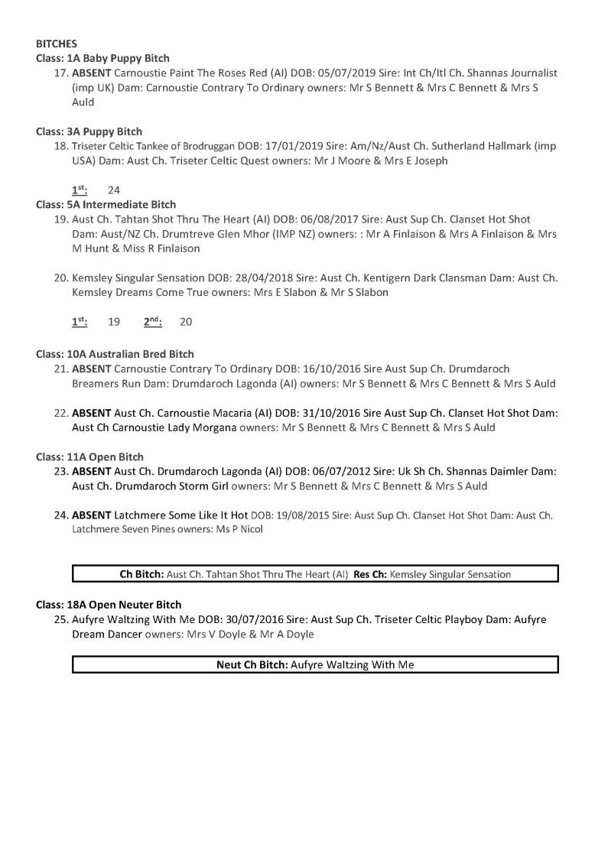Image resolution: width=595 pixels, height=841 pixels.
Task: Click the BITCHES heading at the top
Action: (x=56, y=44)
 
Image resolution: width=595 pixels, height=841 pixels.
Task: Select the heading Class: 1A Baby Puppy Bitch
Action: (x=102, y=58)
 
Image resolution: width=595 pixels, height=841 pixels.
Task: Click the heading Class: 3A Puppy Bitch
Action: (x=89, y=132)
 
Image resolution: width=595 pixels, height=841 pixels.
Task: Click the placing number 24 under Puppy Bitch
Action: (x=114, y=190)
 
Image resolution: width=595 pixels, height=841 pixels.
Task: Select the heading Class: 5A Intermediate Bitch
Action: (x=106, y=205)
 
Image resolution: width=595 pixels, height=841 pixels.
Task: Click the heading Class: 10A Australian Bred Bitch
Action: (x=115, y=354)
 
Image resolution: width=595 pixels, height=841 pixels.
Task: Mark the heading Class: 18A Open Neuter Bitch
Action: (x=109, y=605)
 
